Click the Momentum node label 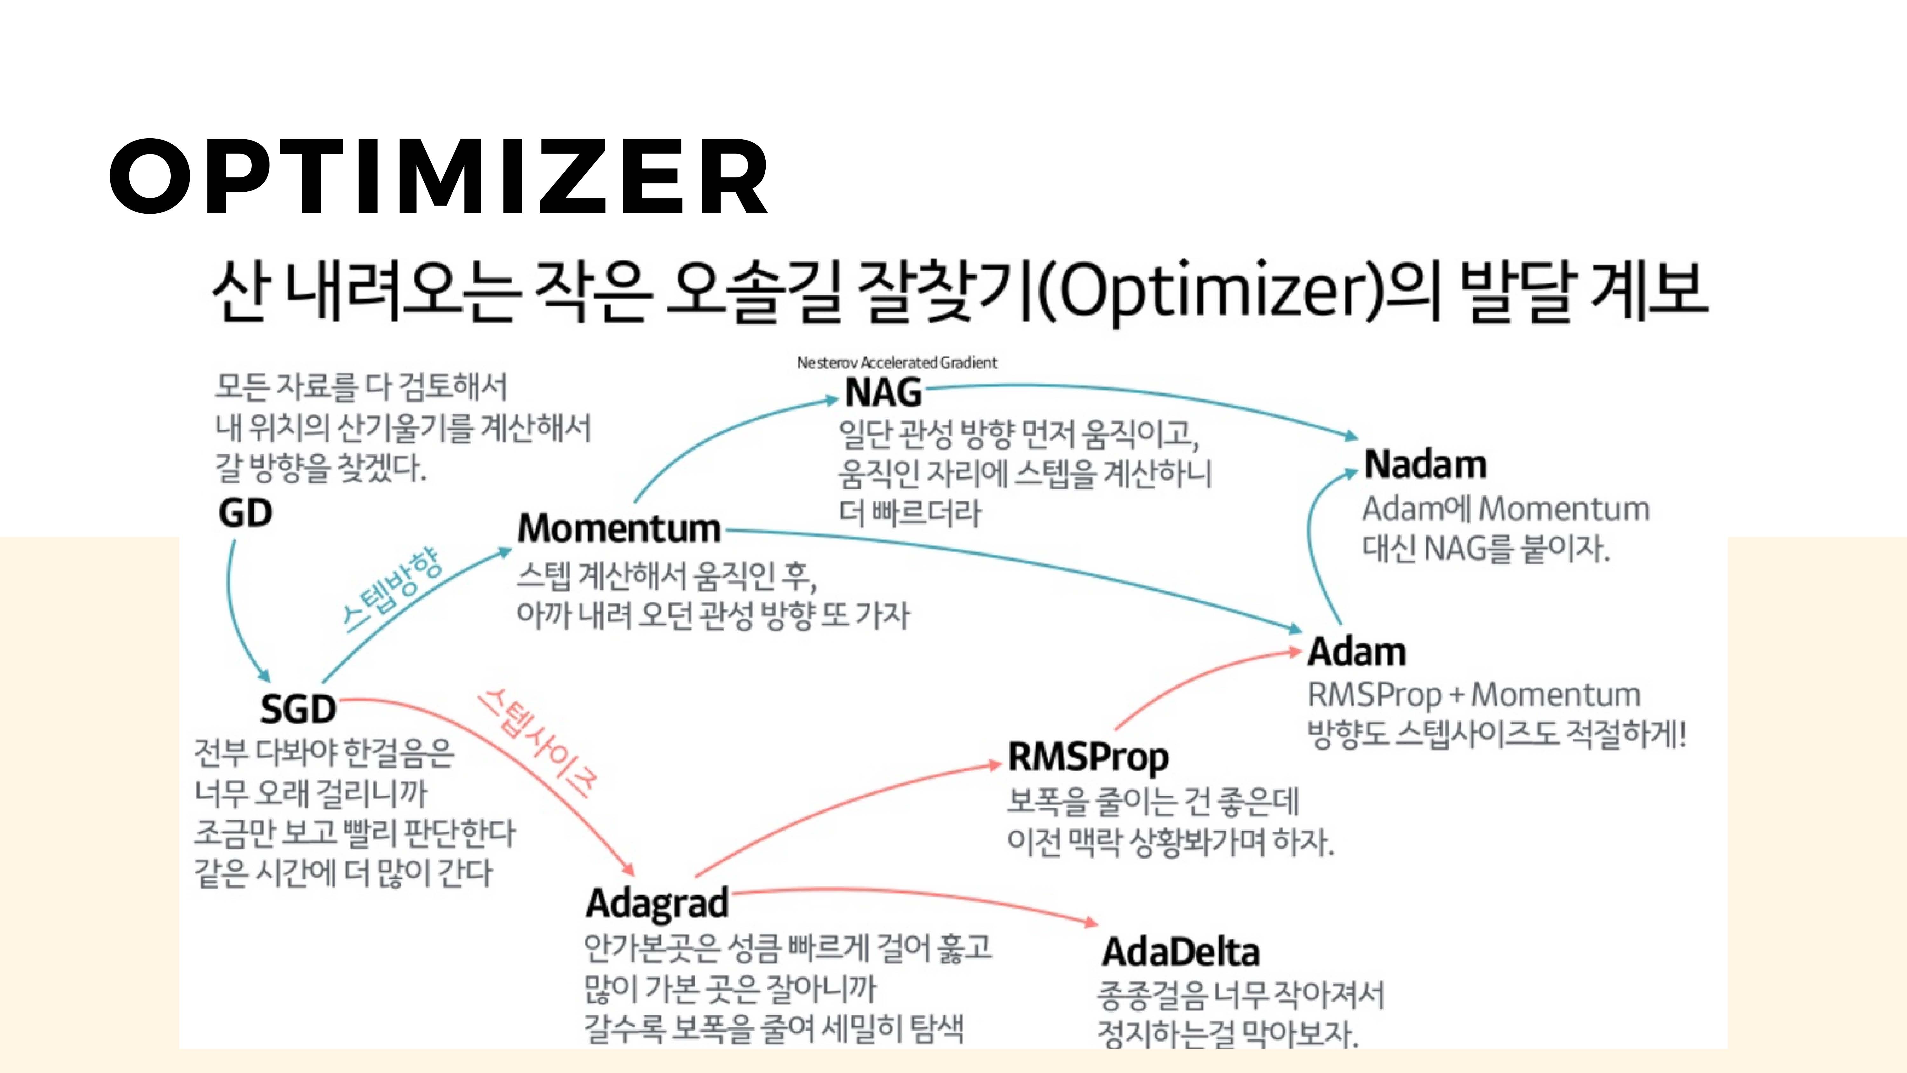[619, 529]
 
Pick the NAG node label [883, 392]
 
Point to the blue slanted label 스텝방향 [392, 590]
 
